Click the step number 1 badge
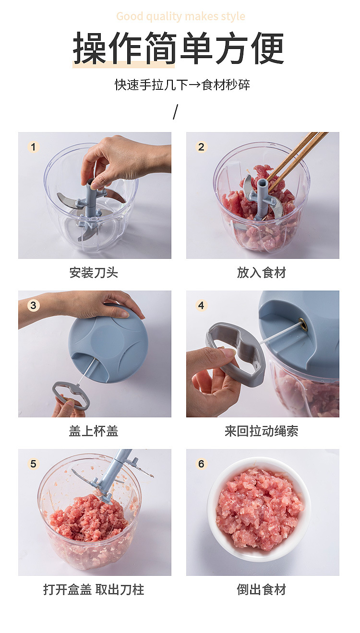tap(33, 147)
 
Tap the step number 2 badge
tap(201, 147)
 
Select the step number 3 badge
tap(33, 305)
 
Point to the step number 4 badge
tap(201, 305)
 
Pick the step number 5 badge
tap(33, 464)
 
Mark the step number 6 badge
tap(201, 464)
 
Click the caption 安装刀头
tap(94, 273)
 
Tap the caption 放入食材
tap(262, 273)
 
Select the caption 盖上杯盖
tap(94, 431)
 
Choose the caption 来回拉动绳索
tap(262, 431)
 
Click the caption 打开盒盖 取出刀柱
tap(94, 590)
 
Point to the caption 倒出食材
tap(262, 590)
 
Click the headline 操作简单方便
tap(179, 49)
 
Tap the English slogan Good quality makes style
tap(180, 17)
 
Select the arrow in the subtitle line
tap(194, 85)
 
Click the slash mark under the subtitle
tap(175, 112)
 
